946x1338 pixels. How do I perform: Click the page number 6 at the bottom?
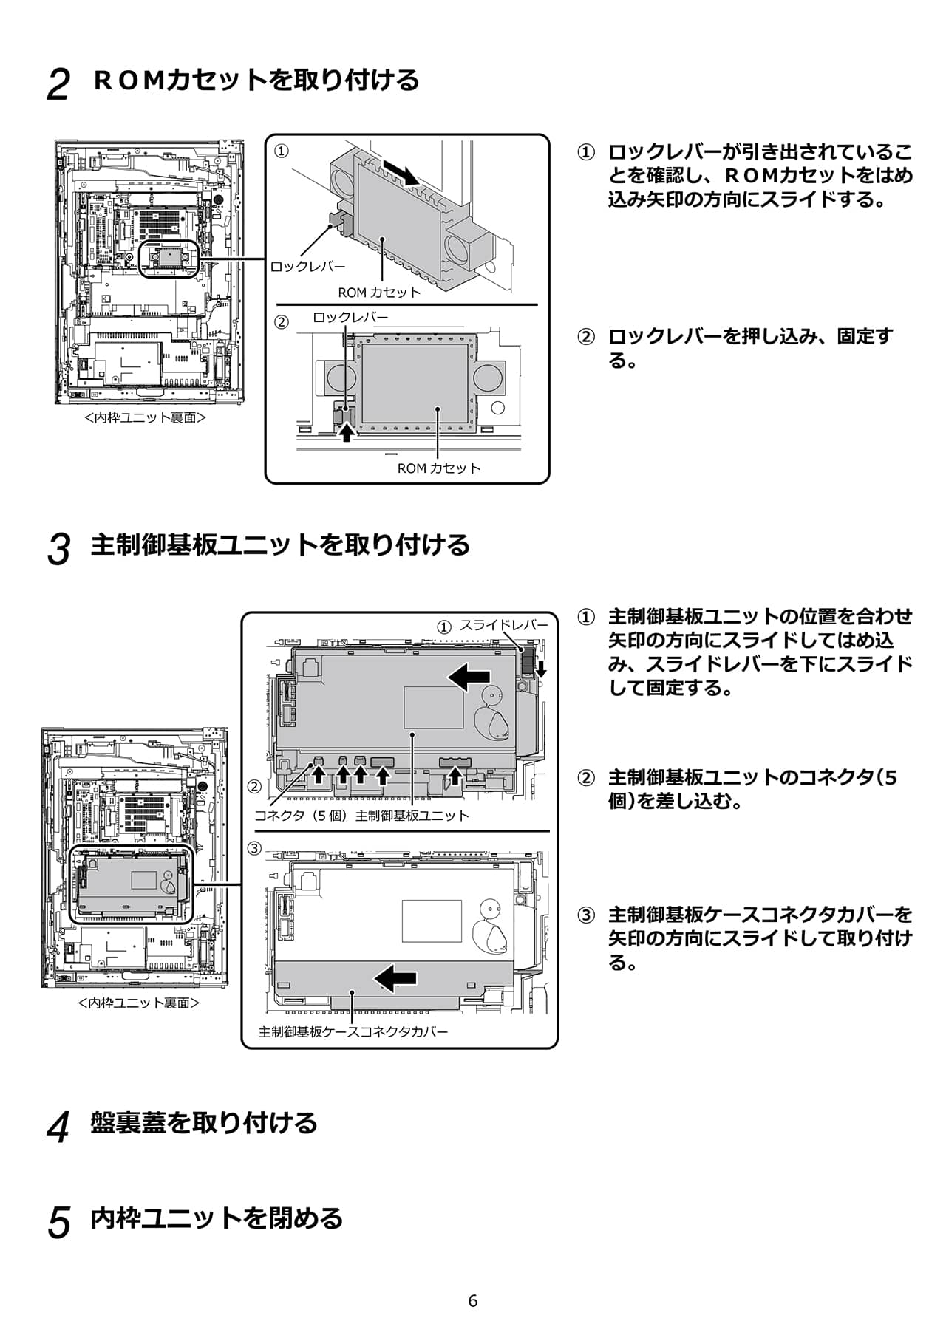tap(473, 1301)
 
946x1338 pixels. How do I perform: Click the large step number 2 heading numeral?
tap(58, 84)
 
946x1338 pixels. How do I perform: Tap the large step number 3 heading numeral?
tap(58, 550)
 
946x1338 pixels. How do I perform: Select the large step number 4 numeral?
tap(58, 1127)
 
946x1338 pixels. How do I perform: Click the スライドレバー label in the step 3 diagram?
tap(504, 625)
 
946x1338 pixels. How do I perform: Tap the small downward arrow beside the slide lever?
tap(541, 669)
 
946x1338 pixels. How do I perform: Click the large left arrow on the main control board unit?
tap(469, 675)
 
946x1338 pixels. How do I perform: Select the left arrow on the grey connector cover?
tap(396, 978)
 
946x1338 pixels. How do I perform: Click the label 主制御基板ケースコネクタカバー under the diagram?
tap(353, 1031)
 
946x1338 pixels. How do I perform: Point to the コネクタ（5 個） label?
tap(301, 816)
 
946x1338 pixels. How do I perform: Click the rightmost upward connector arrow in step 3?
tap(456, 775)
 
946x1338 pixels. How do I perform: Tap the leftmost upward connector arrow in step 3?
tap(319, 775)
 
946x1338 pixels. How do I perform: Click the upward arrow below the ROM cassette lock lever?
tap(347, 433)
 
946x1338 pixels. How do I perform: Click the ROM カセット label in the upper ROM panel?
tap(379, 292)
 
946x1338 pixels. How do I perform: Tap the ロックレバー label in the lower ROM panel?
tap(350, 318)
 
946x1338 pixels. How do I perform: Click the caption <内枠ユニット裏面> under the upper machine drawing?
tap(145, 417)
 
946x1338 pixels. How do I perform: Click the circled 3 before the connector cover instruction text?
tap(585, 916)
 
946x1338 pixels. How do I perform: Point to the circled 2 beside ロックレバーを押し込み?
tap(585, 338)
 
